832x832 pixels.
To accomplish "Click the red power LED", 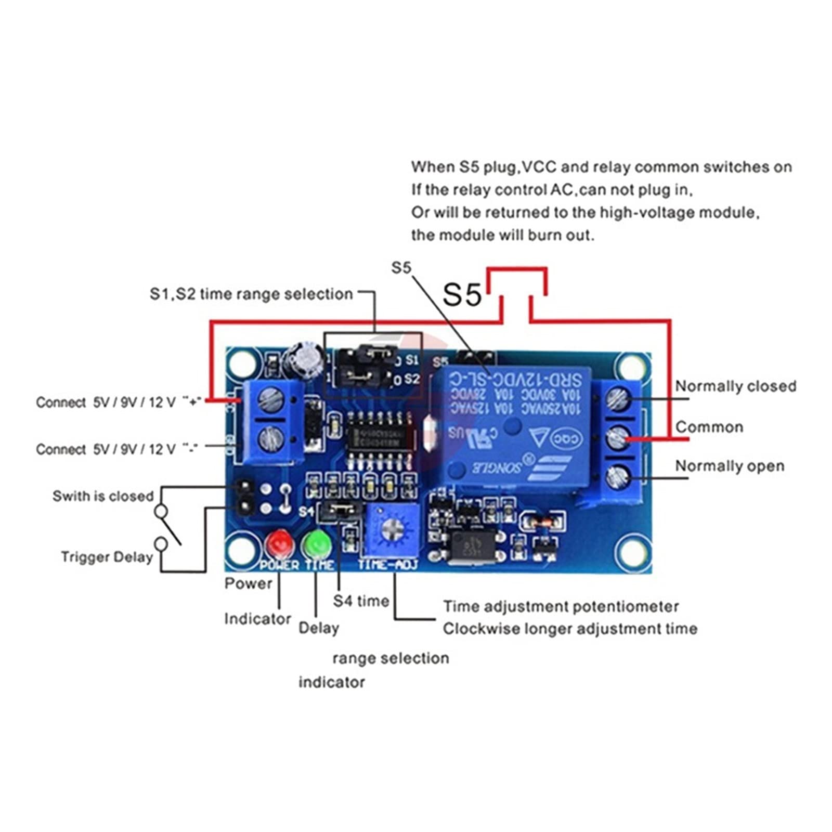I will [x=279, y=543].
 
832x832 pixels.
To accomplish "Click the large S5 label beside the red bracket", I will [x=462, y=295].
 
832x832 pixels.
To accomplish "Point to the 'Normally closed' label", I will [x=735, y=386].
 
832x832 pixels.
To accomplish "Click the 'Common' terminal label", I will [x=709, y=427].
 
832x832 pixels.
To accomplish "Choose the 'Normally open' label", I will [x=729, y=466].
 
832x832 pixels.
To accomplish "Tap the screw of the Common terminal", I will [x=618, y=438].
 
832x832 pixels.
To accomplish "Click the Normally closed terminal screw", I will [x=619, y=399].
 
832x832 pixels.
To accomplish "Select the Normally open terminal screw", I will [x=618, y=475].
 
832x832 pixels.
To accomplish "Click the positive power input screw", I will [x=271, y=400].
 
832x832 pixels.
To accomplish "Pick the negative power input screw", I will [x=271, y=438].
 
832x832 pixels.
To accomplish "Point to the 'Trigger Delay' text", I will [x=107, y=557].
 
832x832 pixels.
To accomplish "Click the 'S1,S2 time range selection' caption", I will [x=251, y=294].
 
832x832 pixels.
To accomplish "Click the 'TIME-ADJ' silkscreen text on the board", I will [x=388, y=565].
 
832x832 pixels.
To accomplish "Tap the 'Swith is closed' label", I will [x=103, y=496].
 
